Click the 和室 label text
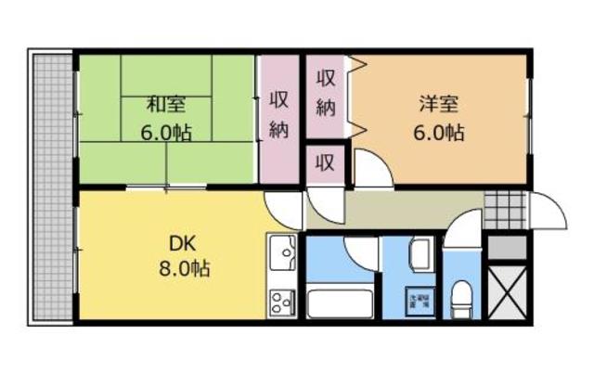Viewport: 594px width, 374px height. (x=167, y=104)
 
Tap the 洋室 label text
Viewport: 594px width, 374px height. (x=436, y=104)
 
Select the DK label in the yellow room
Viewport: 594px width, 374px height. (x=181, y=244)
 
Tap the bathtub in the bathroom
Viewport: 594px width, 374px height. (x=338, y=303)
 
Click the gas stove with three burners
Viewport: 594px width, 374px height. (x=281, y=301)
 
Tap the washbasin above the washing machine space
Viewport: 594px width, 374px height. (x=418, y=251)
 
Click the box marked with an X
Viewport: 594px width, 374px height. (x=506, y=292)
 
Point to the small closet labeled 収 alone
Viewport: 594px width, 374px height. (x=325, y=165)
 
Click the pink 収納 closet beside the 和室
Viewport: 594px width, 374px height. (x=278, y=116)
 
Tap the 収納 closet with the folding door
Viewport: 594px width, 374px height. (x=327, y=93)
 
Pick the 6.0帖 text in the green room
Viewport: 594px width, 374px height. (x=167, y=132)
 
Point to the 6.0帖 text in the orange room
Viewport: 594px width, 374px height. (x=438, y=132)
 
